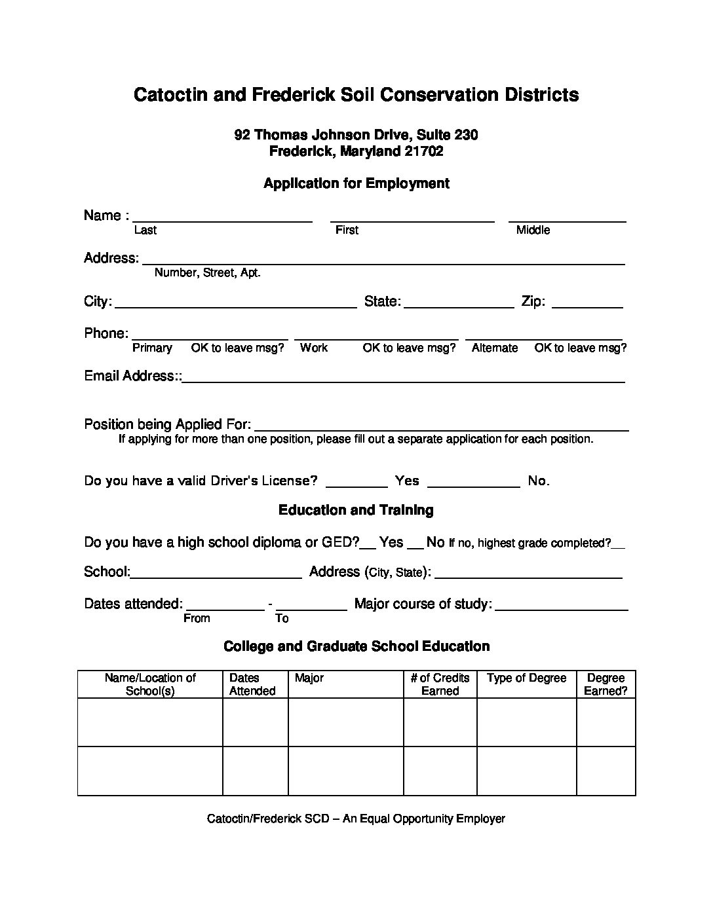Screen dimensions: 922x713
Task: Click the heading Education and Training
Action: [x=356, y=509]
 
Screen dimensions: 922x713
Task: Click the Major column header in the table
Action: [x=309, y=678]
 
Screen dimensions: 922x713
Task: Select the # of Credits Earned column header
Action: [x=440, y=684]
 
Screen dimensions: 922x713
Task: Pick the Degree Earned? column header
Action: [x=606, y=684]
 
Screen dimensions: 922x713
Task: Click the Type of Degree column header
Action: [x=526, y=678]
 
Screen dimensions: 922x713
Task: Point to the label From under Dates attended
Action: [x=197, y=618]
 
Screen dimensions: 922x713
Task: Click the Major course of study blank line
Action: [x=562, y=607]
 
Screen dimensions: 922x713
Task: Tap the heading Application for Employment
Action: [x=356, y=183]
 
